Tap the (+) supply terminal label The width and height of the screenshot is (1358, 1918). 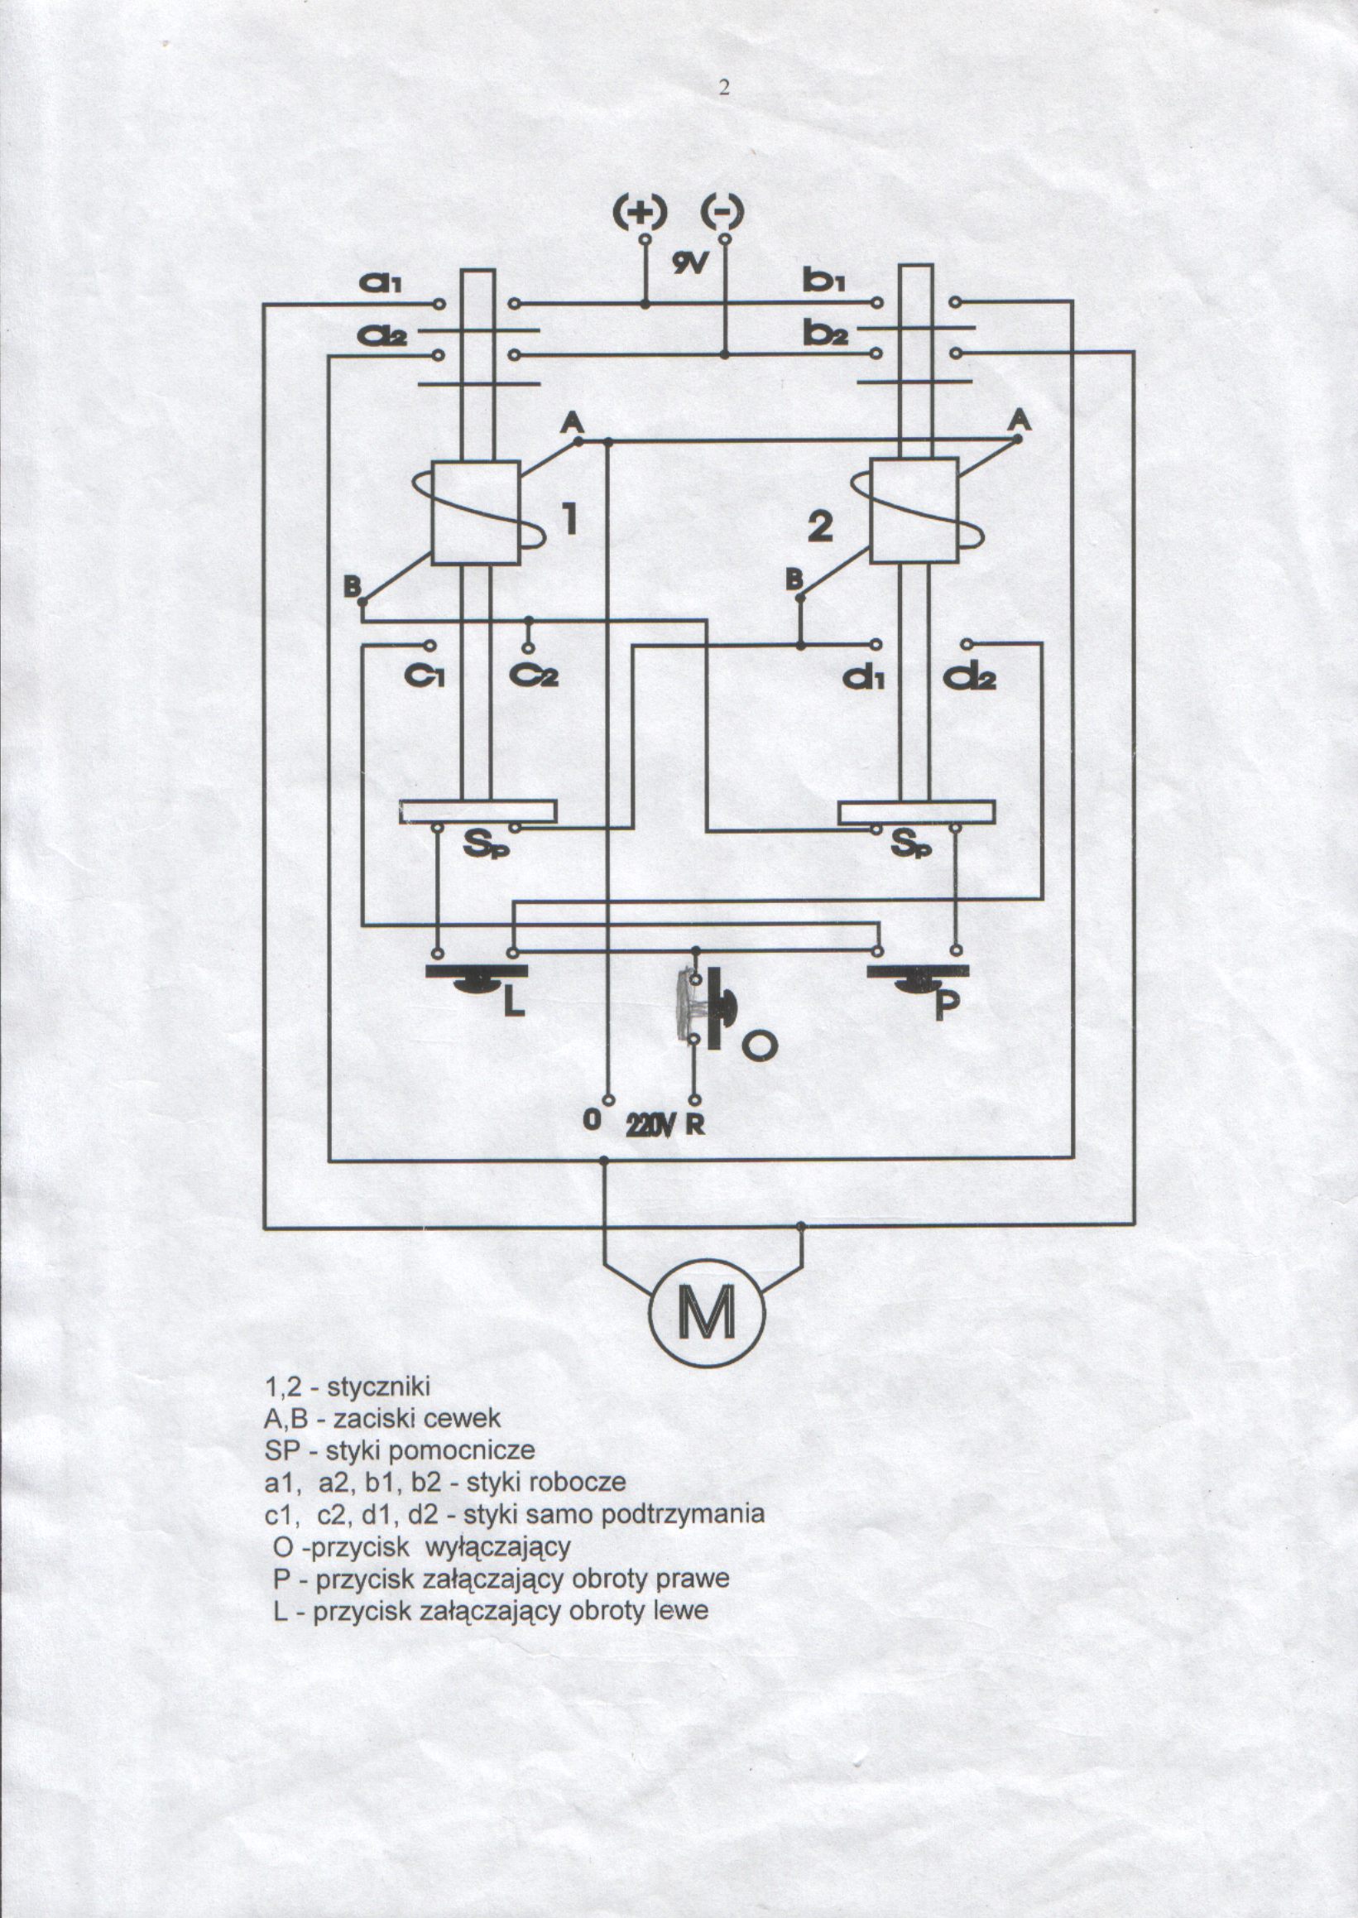(640, 213)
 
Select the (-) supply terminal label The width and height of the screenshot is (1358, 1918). (722, 211)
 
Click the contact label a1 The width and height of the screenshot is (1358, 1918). (381, 284)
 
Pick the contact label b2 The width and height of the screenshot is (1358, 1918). (825, 335)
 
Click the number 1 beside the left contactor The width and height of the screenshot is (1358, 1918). (569, 518)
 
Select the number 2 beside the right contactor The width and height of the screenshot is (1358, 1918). (820, 526)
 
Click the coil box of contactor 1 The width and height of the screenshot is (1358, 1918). (476, 512)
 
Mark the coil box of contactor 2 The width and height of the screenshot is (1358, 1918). (914, 510)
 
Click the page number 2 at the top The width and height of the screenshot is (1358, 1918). (724, 87)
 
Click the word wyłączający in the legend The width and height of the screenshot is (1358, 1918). (498, 1547)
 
